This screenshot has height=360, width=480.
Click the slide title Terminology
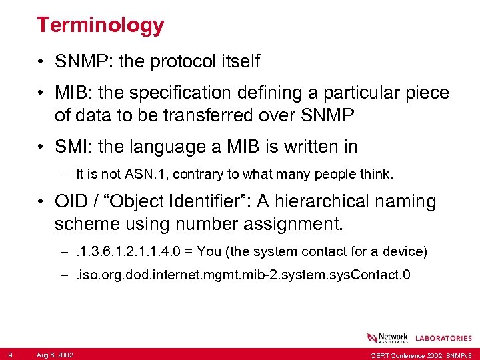point(100,25)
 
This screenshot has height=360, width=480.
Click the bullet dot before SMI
point(41,147)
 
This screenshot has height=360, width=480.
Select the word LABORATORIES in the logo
point(443,339)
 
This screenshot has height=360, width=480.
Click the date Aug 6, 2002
point(55,354)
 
